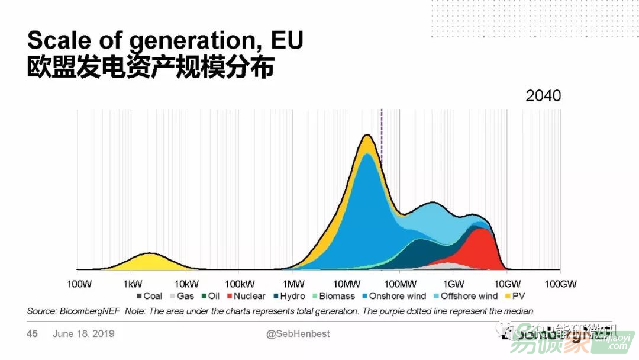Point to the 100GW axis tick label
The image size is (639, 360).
click(560, 285)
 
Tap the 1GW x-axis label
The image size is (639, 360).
click(453, 285)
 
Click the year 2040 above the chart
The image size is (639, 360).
click(543, 96)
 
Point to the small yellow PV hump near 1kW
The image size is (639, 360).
click(148, 261)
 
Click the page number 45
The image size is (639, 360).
click(32, 334)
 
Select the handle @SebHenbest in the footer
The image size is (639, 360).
click(298, 334)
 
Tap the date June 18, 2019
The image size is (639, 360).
click(83, 334)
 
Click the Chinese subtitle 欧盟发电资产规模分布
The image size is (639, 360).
click(150, 68)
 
